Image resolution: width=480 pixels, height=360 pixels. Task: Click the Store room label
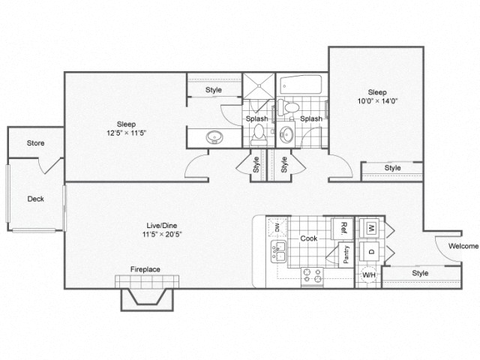(36, 143)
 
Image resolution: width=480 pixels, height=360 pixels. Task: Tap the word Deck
(35, 199)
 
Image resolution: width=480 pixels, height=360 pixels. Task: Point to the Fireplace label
(145, 269)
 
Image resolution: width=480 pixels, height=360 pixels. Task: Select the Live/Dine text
(162, 225)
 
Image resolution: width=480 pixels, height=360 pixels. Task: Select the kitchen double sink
(276, 253)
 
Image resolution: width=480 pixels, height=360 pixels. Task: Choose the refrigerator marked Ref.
(343, 226)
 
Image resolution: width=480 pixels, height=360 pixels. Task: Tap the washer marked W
(370, 226)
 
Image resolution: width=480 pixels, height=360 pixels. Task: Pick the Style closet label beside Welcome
(420, 273)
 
